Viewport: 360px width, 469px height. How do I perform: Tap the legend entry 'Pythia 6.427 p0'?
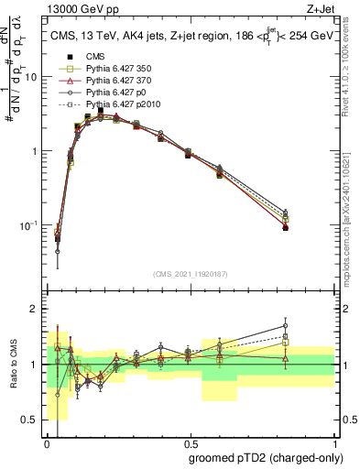(x=100, y=93)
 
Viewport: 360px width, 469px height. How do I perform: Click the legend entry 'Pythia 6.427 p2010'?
(x=106, y=104)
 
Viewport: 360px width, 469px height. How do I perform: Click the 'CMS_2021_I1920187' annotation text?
(x=190, y=272)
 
